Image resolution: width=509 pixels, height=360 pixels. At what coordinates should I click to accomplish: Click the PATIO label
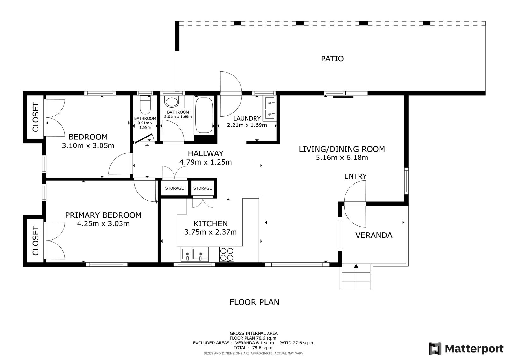click(x=332, y=59)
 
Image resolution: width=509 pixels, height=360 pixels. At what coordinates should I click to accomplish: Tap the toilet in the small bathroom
click(x=145, y=105)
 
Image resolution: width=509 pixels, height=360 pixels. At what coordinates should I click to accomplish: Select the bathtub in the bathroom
click(x=204, y=115)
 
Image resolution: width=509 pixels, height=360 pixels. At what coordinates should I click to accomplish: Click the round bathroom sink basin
click(x=172, y=102)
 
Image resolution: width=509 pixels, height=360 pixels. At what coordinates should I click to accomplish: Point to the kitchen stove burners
click(x=227, y=254)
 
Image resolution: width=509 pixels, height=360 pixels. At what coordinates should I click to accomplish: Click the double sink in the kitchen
click(x=194, y=254)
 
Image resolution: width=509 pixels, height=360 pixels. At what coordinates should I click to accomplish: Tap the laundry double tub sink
click(x=270, y=108)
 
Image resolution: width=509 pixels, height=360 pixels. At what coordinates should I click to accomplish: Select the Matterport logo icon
click(x=435, y=349)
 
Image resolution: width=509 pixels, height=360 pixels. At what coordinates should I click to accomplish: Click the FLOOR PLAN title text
click(x=254, y=302)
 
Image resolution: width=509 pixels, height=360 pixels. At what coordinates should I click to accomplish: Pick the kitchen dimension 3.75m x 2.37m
click(x=210, y=232)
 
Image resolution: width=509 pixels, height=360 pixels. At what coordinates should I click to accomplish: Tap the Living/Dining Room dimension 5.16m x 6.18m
click(x=342, y=157)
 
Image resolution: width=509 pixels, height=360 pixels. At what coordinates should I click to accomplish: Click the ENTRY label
click(x=355, y=176)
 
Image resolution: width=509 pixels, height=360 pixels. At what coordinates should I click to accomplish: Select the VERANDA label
click(x=374, y=235)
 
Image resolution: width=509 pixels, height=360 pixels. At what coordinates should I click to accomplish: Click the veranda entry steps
click(x=356, y=277)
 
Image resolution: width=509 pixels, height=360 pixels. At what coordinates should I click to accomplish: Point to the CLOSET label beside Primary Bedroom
click(x=36, y=240)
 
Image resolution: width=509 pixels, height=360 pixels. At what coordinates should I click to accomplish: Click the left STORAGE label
click(x=174, y=188)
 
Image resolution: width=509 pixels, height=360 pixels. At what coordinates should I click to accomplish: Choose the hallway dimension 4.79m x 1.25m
click(x=206, y=162)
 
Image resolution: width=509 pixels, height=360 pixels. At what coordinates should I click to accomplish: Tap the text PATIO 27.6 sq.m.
click(x=297, y=343)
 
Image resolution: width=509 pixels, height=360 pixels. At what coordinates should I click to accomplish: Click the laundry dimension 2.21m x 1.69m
click(x=247, y=125)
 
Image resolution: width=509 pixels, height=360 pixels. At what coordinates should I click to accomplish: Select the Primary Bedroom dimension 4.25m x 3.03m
click(x=103, y=224)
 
